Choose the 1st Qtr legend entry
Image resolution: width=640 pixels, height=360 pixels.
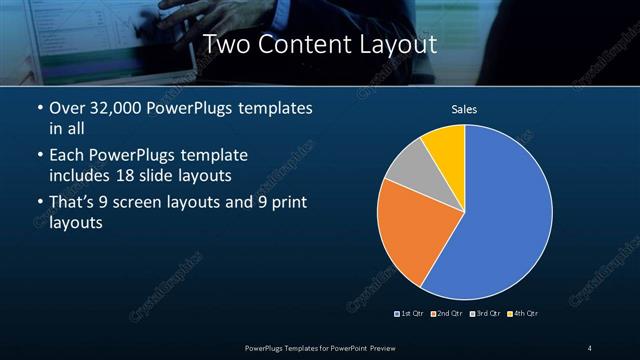click(x=409, y=314)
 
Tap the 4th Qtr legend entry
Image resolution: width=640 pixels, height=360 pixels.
click(x=523, y=314)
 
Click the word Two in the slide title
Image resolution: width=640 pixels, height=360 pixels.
click(x=227, y=44)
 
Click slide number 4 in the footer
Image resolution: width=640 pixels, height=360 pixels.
click(x=590, y=348)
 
